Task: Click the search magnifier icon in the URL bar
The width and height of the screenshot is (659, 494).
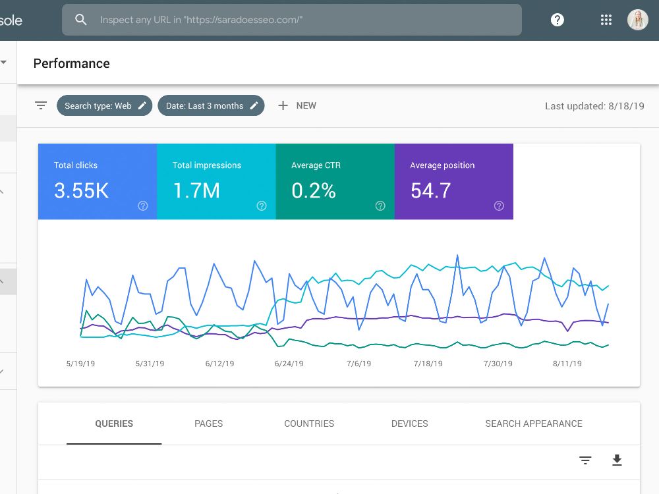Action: [80, 20]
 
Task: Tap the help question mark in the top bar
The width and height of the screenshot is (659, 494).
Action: [558, 20]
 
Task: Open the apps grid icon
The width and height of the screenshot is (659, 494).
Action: [606, 20]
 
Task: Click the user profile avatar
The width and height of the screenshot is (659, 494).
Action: [637, 20]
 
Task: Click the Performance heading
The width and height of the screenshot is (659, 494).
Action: [71, 63]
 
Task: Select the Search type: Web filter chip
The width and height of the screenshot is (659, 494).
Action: [104, 105]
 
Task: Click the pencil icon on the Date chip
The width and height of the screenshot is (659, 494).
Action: [254, 105]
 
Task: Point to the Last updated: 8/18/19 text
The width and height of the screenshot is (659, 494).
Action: [594, 106]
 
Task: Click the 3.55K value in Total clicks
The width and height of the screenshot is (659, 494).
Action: [81, 190]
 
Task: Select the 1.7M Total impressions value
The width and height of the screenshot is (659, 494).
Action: [196, 190]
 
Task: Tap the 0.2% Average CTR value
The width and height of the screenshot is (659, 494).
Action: [314, 190]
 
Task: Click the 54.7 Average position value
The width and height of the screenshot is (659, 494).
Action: [431, 190]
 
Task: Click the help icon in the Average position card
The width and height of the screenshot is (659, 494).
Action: [499, 206]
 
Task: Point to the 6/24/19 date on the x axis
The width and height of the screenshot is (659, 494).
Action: [289, 364]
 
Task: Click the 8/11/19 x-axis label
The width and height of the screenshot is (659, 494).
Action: [567, 364]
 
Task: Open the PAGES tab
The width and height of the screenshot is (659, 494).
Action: [208, 424]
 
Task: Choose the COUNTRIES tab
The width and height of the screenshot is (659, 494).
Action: [309, 424]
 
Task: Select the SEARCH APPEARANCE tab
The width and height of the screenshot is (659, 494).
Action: [534, 424]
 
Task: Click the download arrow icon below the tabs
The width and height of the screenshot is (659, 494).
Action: [617, 460]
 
